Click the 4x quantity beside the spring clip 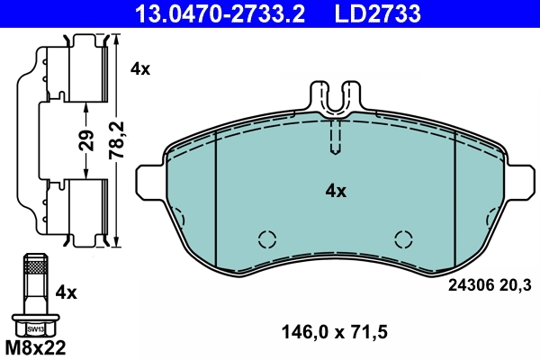[139, 68]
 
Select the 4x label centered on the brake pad [336, 191]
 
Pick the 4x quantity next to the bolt [66, 293]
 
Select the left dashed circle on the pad [267, 239]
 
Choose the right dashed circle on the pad [404, 239]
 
